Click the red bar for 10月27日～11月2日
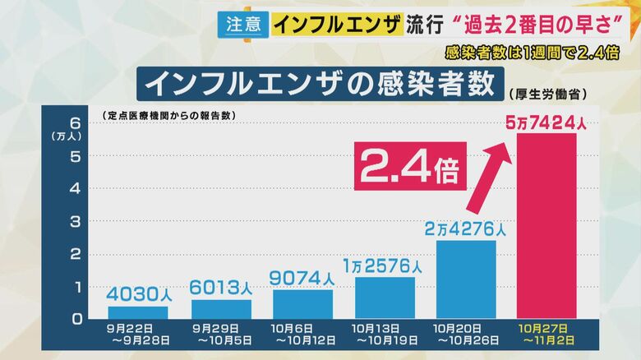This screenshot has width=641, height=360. [x=546, y=226]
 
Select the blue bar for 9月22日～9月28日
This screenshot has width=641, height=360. [x=137, y=312]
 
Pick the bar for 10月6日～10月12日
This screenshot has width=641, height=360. [x=302, y=304]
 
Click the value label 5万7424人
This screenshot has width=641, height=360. [x=546, y=123]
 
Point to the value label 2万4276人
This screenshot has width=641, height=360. [x=466, y=228]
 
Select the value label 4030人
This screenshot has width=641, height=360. [x=137, y=293]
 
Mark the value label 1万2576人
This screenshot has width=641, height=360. [x=385, y=265]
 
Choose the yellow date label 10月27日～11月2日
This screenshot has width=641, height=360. [x=546, y=335]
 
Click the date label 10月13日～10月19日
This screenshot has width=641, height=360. [x=385, y=335]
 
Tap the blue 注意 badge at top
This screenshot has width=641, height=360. [x=243, y=23]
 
